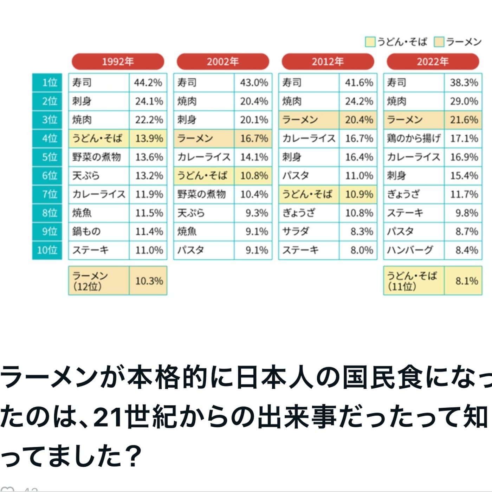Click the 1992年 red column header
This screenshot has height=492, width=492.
point(118,61)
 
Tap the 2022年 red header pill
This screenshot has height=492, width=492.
point(433,61)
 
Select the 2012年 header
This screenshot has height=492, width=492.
point(328,61)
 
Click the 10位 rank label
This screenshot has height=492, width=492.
point(47,250)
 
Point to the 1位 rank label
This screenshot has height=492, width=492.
point(47,83)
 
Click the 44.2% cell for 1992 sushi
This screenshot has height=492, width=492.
point(148,83)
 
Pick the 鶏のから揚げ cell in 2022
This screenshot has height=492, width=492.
point(414,138)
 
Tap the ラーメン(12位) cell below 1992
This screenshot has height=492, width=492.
point(99,280)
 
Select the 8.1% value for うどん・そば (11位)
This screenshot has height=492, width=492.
point(463,280)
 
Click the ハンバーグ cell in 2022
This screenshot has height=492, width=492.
point(414,250)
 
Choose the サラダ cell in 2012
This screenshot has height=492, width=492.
point(309,232)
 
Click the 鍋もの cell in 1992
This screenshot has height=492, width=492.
point(99,232)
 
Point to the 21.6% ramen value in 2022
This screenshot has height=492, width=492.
point(463,120)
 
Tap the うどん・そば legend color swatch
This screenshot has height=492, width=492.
point(370,42)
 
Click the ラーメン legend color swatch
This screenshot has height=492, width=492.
point(439,42)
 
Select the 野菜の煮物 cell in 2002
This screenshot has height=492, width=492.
point(204,194)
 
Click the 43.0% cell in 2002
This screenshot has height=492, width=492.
point(253,83)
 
